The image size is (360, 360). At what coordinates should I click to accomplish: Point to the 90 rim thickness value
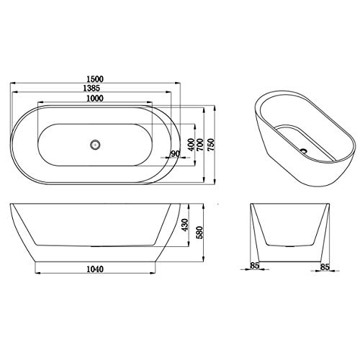[175, 154]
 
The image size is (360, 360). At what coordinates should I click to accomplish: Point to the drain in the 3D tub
[303, 152]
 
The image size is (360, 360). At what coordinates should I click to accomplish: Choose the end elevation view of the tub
[289, 234]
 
